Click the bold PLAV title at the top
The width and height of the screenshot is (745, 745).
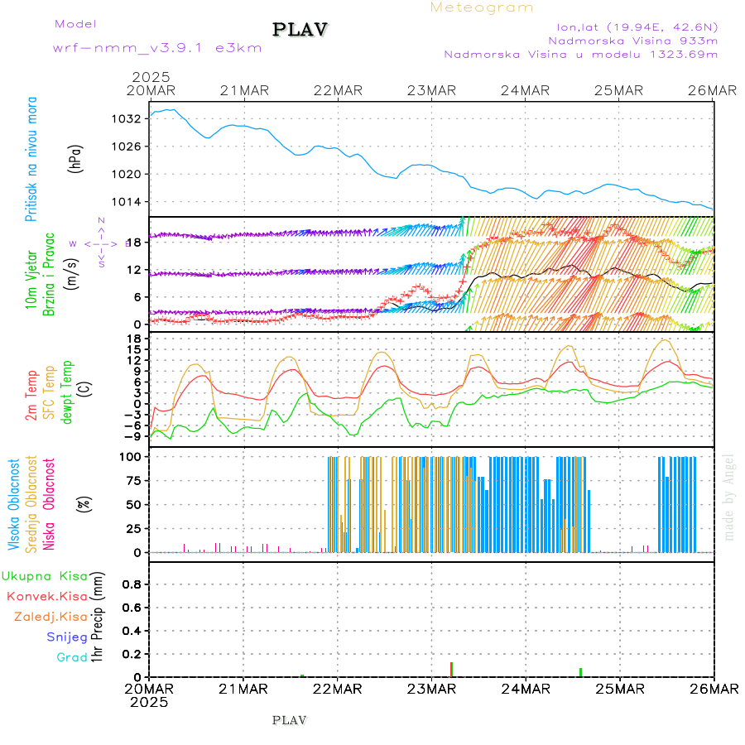coord(300,30)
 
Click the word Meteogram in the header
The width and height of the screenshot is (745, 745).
coord(482,7)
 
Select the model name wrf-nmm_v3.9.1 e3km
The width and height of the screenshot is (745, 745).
coord(157,48)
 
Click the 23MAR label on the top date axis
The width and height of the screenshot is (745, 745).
coord(431,90)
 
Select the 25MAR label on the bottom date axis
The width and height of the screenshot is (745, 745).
coord(619,689)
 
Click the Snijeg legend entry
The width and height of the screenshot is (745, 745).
coord(68,637)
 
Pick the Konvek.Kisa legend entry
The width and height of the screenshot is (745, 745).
coord(47,596)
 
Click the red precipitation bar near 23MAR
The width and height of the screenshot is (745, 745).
coord(451,669)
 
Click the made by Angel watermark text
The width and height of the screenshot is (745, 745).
coord(729,497)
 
